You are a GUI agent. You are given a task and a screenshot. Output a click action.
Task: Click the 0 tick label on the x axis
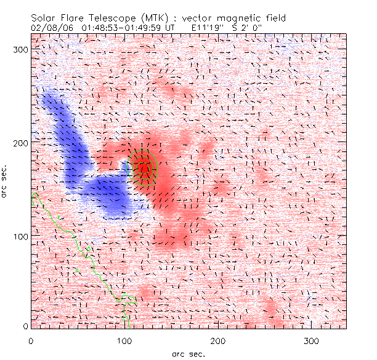click(31, 340)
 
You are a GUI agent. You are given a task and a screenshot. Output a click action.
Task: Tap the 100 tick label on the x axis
click(125, 340)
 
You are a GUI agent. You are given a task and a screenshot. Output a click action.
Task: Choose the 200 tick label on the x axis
click(219, 340)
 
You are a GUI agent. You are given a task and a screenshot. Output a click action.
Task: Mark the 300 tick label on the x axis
click(312, 340)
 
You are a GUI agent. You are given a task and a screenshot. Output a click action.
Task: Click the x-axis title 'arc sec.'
click(188, 354)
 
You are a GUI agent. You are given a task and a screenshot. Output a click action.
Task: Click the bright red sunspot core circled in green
click(143, 167)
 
